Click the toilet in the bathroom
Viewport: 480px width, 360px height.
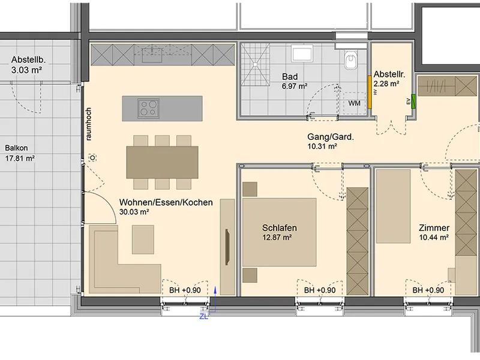(350, 59)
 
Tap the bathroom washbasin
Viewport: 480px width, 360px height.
(302, 53)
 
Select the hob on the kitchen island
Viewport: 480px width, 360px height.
(148, 109)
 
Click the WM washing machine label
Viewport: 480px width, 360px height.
(354, 103)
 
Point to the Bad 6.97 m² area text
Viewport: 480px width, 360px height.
(295, 86)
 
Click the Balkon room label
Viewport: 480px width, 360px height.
(17, 148)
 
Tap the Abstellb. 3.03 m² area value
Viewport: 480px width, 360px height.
(26, 70)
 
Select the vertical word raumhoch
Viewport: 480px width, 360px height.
(88, 124)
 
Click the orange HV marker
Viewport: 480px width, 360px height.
(370, 92)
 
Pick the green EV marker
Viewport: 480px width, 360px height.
(413, 101)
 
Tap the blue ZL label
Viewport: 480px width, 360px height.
(204, 317)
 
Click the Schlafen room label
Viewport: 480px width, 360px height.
(279, 228)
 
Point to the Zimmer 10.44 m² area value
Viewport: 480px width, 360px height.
(434, 237)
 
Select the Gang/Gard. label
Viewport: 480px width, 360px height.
(331, 137)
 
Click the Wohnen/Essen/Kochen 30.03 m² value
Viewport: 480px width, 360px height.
(134, 212)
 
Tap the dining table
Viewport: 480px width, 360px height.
(162, 162)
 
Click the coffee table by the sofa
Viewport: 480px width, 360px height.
(143, 239)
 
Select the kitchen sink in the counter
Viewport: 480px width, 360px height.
(152, 54)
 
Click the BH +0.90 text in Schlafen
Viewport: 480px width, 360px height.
(320, 290)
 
